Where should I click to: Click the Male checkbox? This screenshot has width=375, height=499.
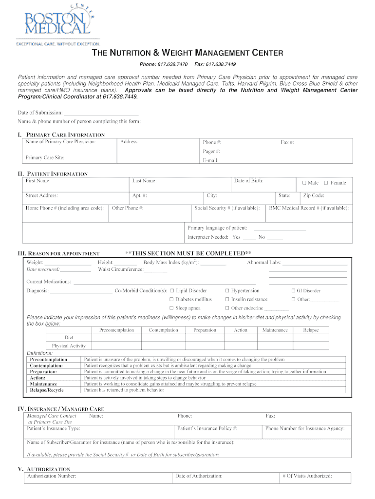[304, 183]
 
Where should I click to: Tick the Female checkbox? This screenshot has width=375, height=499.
[326, 183]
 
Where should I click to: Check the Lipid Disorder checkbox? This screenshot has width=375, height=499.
[172, 291]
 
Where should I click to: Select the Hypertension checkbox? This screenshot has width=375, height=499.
[227, 291]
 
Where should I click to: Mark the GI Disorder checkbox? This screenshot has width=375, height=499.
[293, 291]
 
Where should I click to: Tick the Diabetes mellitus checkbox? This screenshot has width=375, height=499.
[172, 300]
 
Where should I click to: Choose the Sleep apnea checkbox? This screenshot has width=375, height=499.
[172, 308]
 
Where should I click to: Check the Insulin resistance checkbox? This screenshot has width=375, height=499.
[227, 300]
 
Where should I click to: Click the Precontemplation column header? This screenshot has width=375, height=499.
[116, 330]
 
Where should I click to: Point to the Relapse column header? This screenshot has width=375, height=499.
[311, 330]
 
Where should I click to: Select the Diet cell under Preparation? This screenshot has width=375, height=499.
[205, 338]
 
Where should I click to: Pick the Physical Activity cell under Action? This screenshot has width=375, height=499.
[240, 346]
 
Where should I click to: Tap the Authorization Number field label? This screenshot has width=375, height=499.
[52, 476]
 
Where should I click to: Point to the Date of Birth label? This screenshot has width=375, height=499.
[248, 181]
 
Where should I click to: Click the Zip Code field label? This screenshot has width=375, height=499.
[314, 195]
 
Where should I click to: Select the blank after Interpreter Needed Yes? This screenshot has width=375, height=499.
[249, 237]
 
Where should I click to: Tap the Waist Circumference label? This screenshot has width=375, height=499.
[120, 269]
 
